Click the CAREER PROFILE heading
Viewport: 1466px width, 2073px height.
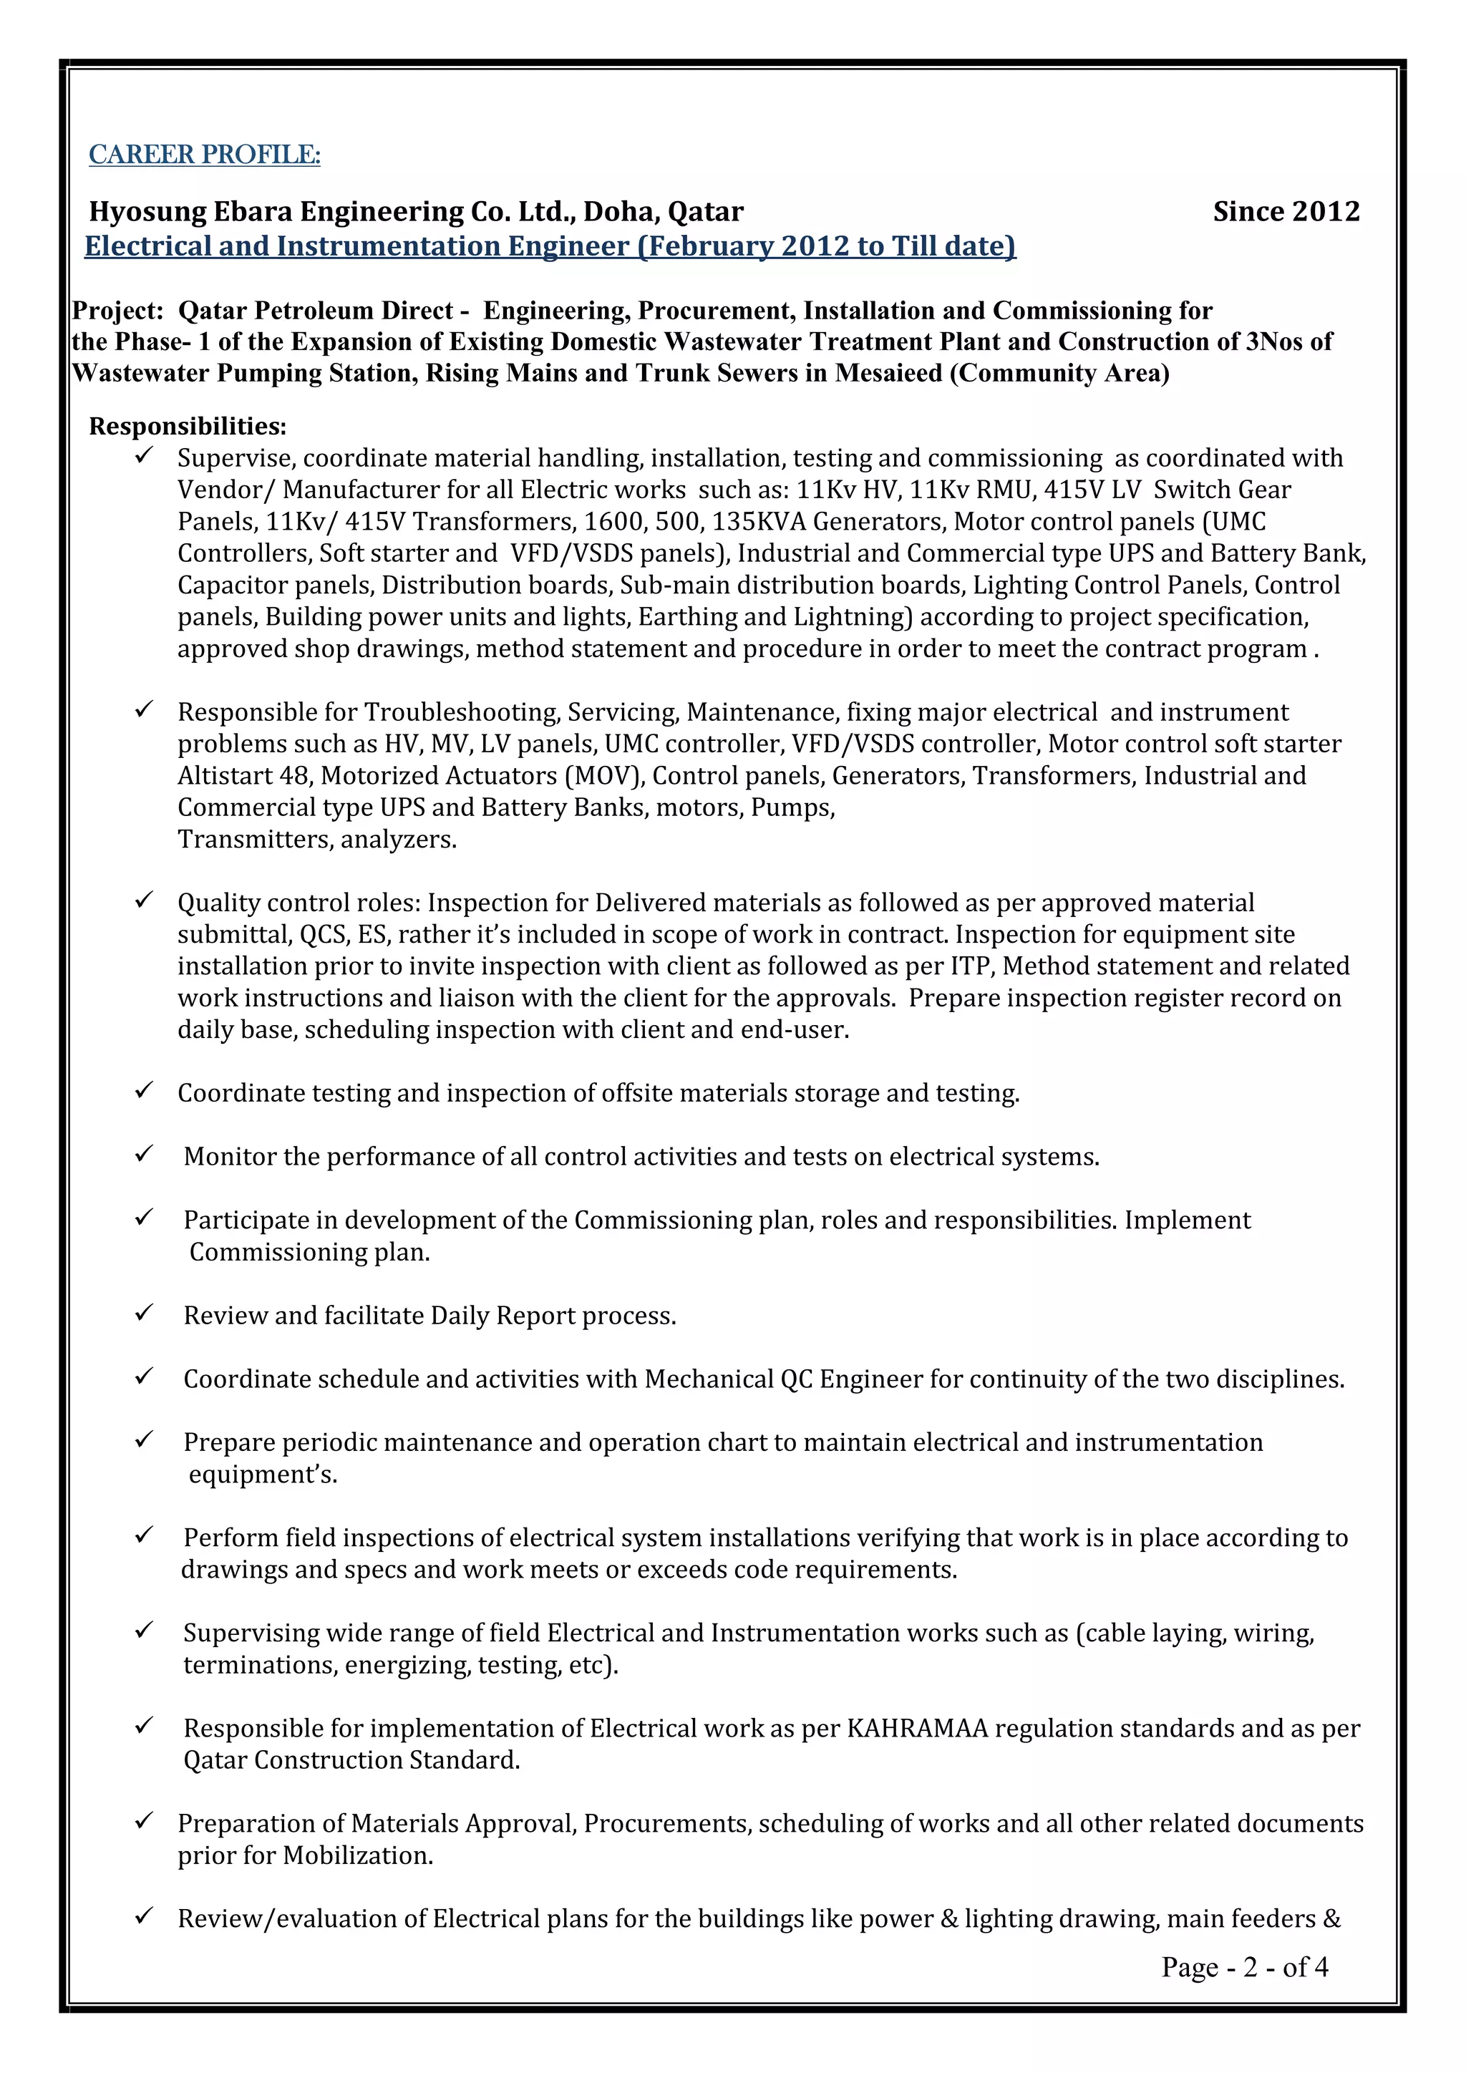(x=204, y=155)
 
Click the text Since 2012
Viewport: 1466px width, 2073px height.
(x=1286, y=211)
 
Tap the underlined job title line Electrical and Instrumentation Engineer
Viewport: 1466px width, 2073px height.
(x=550, y=246)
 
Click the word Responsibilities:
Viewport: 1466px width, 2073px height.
(x=188, y=425)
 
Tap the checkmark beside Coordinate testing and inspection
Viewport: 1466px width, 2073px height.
(x=144, y=1091)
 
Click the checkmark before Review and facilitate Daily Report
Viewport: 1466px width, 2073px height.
(x=144, y=1313)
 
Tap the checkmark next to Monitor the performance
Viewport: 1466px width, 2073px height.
(x=144, y=1154)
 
